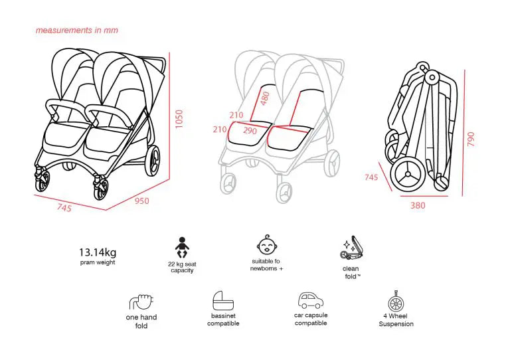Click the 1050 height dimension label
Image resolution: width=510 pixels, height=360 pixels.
pos(179,119)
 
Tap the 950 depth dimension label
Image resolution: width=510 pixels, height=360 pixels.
pos(142,201)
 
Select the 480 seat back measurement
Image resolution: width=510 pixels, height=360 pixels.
pos(266,98)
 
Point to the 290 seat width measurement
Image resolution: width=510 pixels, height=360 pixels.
pos(250,131)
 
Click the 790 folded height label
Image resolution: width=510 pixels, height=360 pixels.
pos(471,139)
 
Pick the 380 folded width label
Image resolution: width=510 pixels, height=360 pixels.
pos(418,205)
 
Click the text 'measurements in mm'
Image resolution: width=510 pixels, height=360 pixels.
pos(77,31)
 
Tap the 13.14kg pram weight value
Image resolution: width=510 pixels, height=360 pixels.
pos(98,252)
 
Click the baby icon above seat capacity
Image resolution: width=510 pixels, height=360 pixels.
pos(182,248)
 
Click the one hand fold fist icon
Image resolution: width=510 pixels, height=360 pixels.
pos(141,302)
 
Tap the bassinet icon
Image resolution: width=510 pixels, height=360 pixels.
pos(223,301)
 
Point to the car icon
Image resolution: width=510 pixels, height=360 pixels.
pos(311,300)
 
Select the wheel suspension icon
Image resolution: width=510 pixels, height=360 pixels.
pos(396,301)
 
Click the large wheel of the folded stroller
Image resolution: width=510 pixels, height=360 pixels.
pos(408,175)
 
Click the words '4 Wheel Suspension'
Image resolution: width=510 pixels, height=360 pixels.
pos(396,320)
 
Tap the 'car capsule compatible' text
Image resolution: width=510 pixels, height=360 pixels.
pos(311,319)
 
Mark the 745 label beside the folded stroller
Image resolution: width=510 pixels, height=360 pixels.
pos(371,177)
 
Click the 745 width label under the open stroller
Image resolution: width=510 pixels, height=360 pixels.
pos(64,207)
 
